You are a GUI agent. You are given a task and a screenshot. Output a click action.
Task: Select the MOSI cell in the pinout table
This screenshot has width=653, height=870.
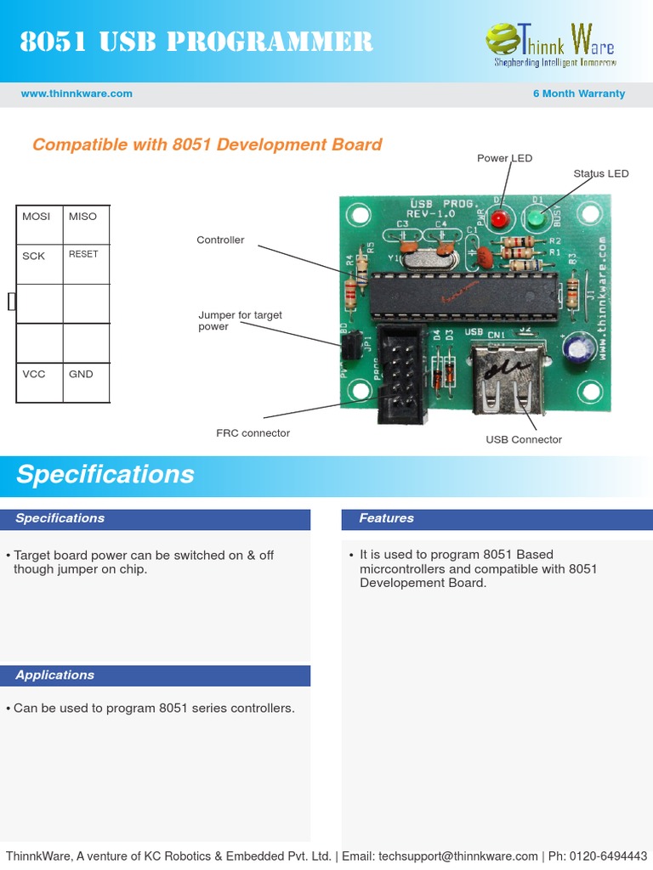(x=39, y=224)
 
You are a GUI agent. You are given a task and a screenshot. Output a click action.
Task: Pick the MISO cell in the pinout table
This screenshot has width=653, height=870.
(x=86, y=224)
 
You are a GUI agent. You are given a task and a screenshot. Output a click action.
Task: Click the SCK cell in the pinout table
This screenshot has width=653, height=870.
(x=39, y=263)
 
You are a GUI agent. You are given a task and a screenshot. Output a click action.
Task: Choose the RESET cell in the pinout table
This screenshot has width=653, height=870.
(x=86, y=263)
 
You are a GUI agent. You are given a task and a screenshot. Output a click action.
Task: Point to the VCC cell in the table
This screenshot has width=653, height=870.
(x=39, y=381)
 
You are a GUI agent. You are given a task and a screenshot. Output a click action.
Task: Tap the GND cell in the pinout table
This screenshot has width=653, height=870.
(x=86, y=381)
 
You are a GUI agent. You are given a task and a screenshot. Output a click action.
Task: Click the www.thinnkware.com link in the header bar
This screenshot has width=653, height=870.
(x=77, y=93)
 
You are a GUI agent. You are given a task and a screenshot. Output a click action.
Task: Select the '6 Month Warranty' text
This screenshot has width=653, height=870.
(x=578, y=93)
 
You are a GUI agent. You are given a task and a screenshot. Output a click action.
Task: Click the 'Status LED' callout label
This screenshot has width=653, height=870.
(x=600, y=173)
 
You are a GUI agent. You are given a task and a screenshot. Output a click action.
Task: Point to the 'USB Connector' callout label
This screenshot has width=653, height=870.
(x=524, y=439)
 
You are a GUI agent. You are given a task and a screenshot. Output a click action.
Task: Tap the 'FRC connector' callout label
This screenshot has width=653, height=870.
(x=253, y=433)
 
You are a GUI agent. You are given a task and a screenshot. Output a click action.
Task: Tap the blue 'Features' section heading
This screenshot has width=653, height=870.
(x=386, y=518)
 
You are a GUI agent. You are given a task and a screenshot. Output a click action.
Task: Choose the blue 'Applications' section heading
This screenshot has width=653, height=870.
(x=54, y=675)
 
